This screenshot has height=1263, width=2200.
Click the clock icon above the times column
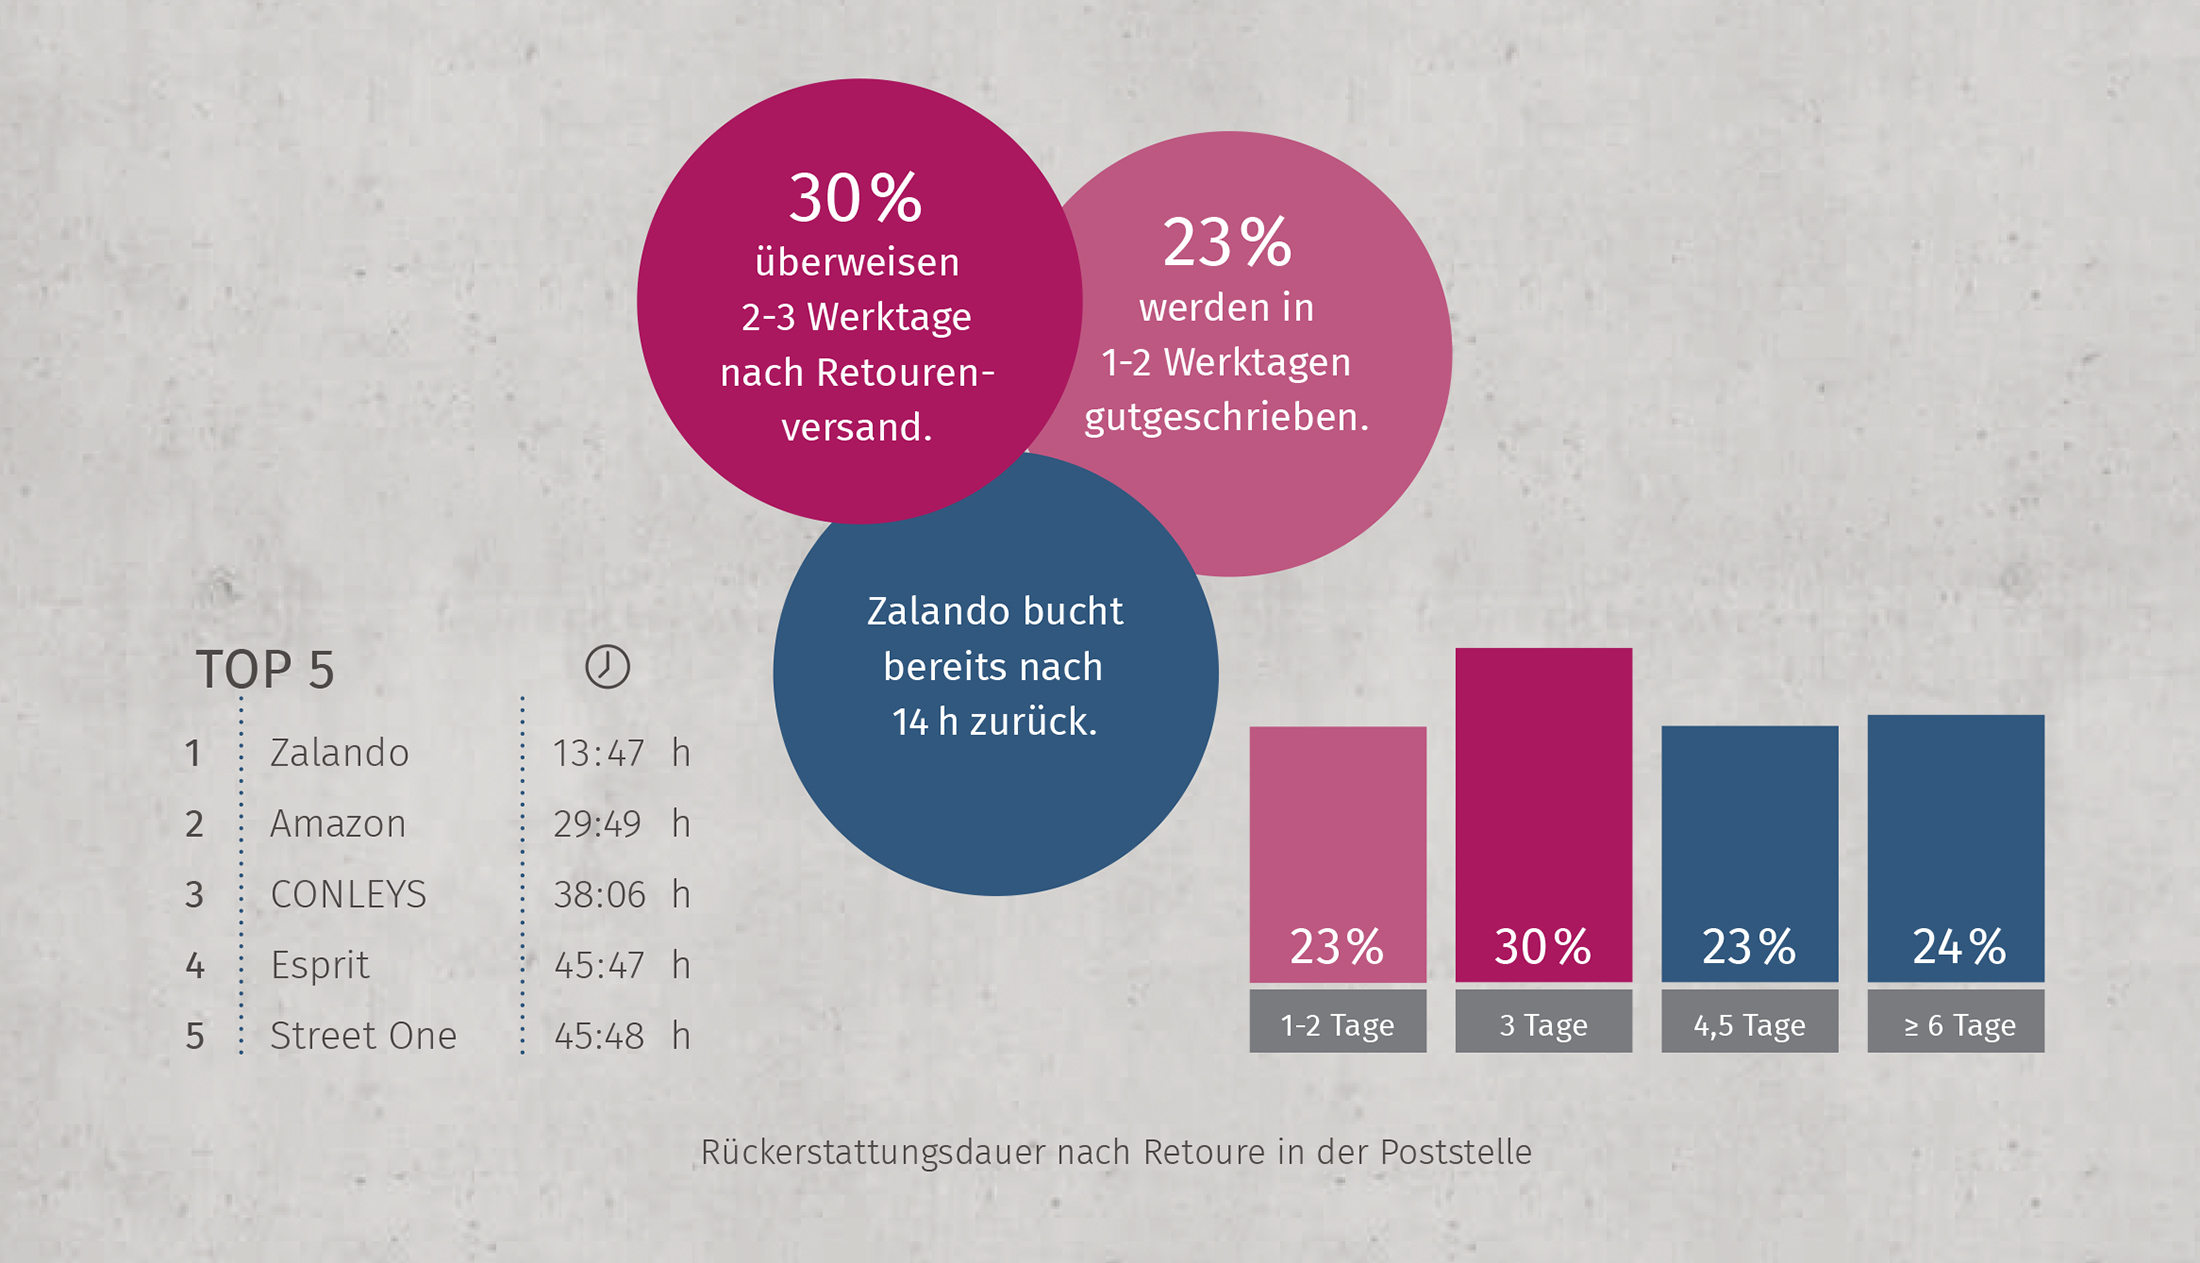click(607, 667)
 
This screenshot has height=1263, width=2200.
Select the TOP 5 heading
click(265, 670)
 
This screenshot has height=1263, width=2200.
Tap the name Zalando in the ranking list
click(339, 753)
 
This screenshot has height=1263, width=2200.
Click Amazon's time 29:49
click(598, 824)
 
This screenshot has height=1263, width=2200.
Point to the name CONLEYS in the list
click(348, 894)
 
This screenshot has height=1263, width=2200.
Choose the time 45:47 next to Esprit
click(599, 965)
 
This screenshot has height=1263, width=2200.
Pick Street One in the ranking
click(363, 1036)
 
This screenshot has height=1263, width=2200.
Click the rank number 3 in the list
click(194, 894)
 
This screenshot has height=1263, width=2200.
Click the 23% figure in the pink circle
click(1227, 243)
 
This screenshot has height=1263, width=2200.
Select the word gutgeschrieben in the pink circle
click(1226, 417)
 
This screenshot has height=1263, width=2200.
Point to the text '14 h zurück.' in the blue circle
click(994, 722)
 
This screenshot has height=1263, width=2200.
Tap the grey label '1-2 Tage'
click(1337, 1024)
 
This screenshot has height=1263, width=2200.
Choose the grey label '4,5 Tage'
click(1749, 1024)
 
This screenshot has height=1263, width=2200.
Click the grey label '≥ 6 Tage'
click(1955, 1024)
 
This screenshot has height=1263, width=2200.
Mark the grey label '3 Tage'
click(1543, 1024)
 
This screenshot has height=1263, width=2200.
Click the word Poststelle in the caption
click(1455, 1152)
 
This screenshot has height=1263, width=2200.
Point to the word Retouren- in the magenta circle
click(905, 373)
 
